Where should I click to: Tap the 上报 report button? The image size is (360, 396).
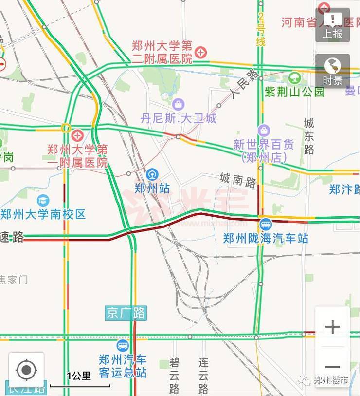click(333, 25)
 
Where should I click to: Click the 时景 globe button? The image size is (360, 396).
click(333, 71)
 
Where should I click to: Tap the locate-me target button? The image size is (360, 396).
click(26, 370)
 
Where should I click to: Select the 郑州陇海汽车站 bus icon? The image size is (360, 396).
click(266, 225)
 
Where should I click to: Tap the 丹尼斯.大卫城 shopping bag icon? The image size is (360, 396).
click(179, 104)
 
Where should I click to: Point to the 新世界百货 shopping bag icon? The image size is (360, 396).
click(264, 131)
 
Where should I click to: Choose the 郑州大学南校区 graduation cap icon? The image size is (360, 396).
click(43, 200)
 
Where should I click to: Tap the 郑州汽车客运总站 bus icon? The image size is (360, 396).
click(123, 346)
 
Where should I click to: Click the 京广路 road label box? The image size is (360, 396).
click(126, 313)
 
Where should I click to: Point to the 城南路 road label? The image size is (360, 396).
click(238, 180)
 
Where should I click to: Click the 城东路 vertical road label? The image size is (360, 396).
click(309, 136)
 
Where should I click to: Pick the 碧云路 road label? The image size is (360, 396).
click(175, 375)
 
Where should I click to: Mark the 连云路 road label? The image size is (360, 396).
click(203, 375)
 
